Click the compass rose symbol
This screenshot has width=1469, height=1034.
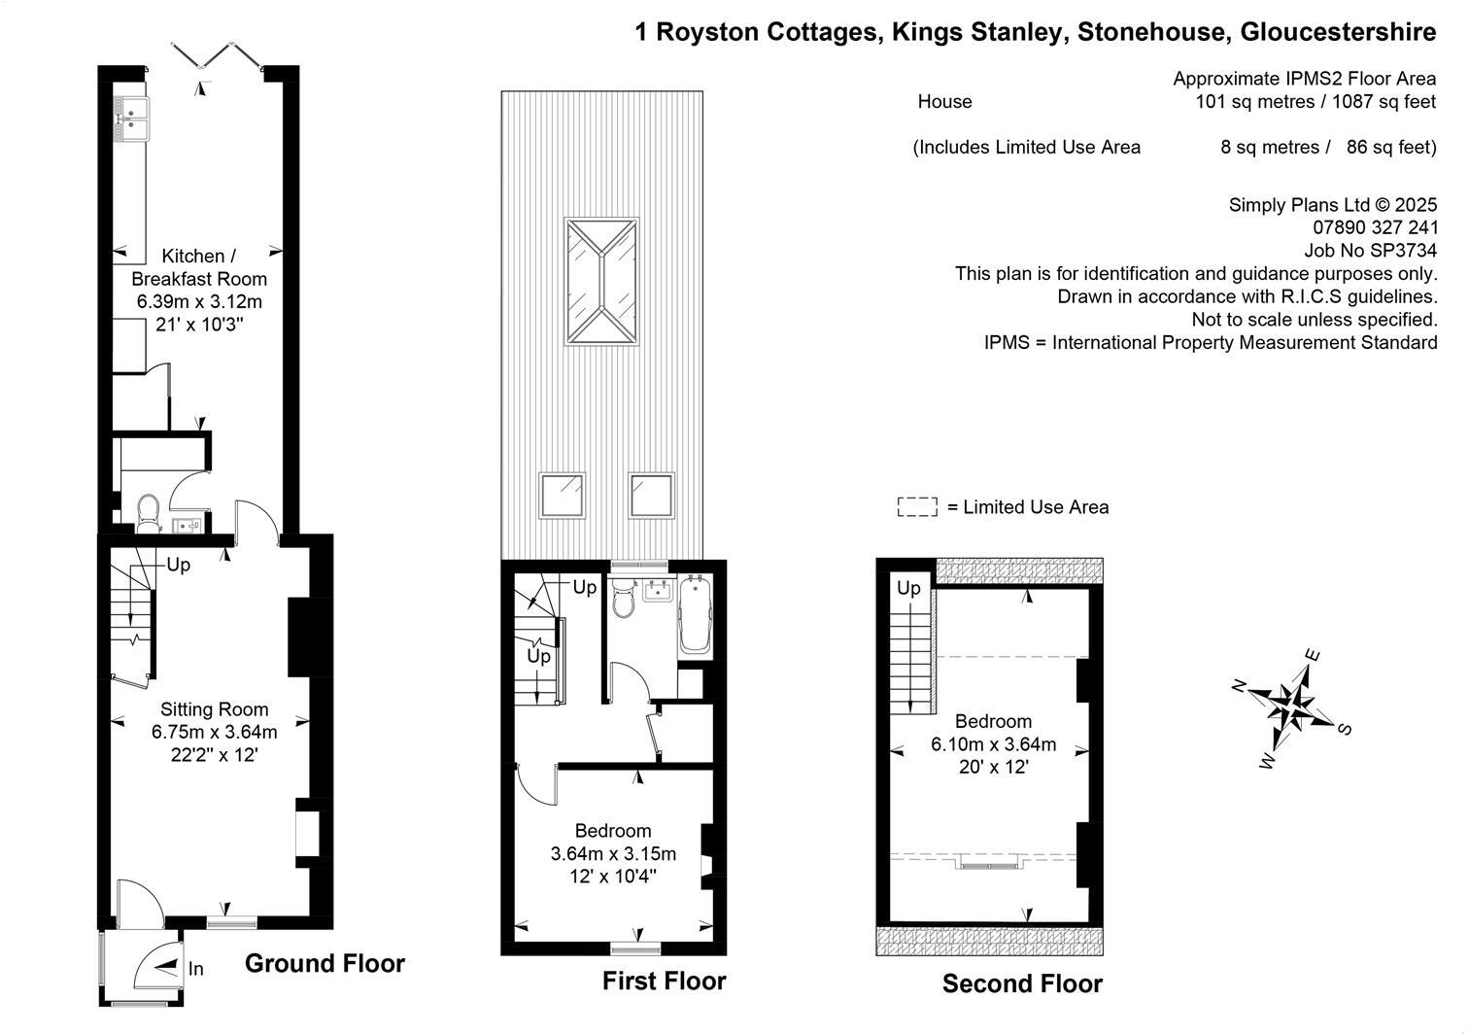point(1290,707)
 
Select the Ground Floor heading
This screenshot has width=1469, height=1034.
point(325,963)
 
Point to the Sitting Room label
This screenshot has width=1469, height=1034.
point(215,709)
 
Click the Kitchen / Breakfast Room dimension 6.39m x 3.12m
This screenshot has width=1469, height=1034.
point(199,302)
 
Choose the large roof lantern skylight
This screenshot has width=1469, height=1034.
point(601,282)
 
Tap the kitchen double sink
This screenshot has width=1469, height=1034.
point(131,119)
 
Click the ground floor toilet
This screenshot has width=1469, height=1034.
point(149,513)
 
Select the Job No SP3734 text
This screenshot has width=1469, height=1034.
point(1370,251)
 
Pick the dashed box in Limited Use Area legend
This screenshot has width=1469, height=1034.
point(917,507)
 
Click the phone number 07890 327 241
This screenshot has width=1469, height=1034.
point(1375,227)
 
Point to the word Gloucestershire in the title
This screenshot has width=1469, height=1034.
point(1338,32)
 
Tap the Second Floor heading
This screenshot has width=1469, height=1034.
point(1022,983)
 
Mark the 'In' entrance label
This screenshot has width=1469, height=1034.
point(195,968)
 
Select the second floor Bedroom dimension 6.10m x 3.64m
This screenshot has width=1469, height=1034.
point(994,744)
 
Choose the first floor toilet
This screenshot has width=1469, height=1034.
point(623,597)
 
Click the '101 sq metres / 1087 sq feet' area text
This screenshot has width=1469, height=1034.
point(1315,102)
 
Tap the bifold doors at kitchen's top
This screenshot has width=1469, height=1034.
point(217,55)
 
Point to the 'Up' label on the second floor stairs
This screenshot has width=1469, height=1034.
point(909,588)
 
